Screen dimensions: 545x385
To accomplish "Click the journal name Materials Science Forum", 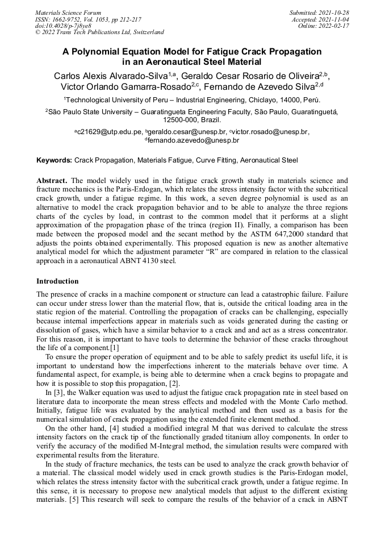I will [68, 12].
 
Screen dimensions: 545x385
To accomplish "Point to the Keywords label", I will [54, 161].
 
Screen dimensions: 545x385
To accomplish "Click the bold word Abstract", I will [52, 181].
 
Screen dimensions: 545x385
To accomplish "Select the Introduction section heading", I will [57, 281].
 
